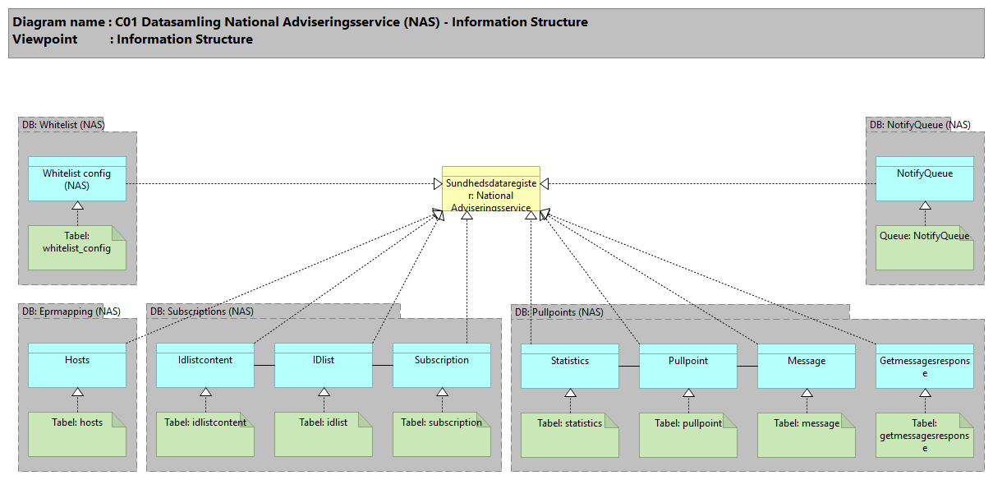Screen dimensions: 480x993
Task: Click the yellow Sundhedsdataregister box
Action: [x=491, y=189]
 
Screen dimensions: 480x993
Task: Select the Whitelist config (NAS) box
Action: [x=77, y=178]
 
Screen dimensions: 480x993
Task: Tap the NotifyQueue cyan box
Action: [x=924, y=178]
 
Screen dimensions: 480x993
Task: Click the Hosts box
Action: [x=77, y=365]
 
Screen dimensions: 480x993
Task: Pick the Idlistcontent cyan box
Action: [x=205, y=365]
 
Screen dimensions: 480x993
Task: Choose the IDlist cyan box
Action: [x=324, y=365]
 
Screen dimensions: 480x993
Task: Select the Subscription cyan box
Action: [x=442, y=365]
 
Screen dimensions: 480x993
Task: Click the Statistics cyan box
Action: [x=570, y=366]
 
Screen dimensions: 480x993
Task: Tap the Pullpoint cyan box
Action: [x=688, y=366]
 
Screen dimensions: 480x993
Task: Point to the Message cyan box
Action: [x=807, y=366]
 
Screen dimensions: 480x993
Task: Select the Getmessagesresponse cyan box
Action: [x=924, y=366]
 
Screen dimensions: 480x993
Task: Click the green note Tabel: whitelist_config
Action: [x=77, y=247]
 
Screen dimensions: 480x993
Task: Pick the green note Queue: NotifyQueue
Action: [x=924, y=247]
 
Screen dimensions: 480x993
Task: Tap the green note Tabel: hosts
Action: [x=77, y=434]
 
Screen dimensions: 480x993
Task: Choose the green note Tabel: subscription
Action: [x=442, y=434]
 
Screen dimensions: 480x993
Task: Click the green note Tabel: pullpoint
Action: [x=688, y=434]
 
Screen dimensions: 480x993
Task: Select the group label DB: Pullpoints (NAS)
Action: [x=559, y=312]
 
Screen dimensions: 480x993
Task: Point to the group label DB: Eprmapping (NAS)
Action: [x=71, y=312]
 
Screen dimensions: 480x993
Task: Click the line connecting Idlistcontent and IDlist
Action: [x=264, y=364]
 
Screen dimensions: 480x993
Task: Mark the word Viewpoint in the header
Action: [x=45, y=39]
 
